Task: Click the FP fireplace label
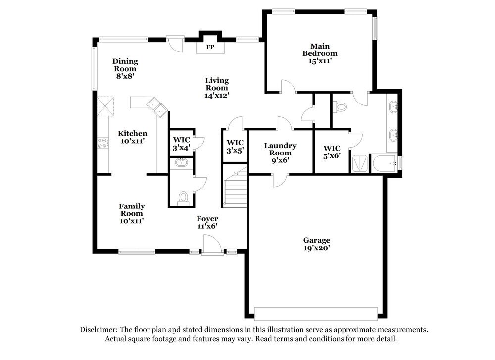point(210,48)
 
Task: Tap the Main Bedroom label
point(320,53)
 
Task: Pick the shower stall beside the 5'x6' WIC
point(360,164)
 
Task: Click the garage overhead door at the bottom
point(316,313)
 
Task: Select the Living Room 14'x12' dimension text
point(217,95)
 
